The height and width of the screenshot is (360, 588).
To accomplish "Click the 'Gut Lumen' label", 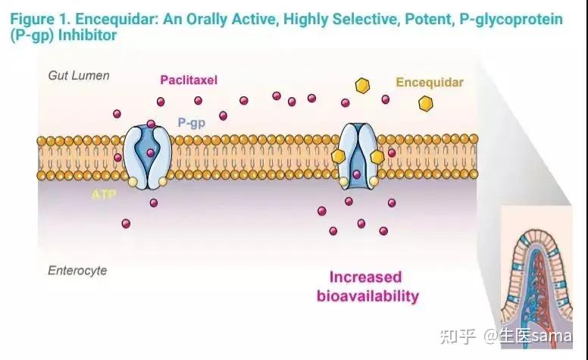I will click(x=79, y=76).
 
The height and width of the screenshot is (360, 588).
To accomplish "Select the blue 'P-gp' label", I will click(x=191, y=123).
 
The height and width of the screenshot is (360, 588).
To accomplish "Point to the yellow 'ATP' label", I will click(x=103, y=195).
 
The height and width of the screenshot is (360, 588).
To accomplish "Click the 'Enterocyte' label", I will click(x=77, y=271).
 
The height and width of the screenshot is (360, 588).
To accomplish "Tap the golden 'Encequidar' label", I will click(x=429, y=80).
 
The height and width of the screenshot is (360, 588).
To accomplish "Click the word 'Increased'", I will click(x=365, y=277).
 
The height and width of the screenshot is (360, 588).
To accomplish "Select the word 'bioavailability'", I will click(x=367, y=296).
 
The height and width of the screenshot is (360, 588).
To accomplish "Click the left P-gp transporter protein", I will click(x=149, y=156).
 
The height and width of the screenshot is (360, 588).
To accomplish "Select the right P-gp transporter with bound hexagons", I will click(x=358, y=156).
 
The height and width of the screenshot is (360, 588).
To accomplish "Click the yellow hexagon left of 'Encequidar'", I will click(x=364, y=85).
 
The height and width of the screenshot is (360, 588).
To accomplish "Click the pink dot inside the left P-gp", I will click(x=150, y=153).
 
